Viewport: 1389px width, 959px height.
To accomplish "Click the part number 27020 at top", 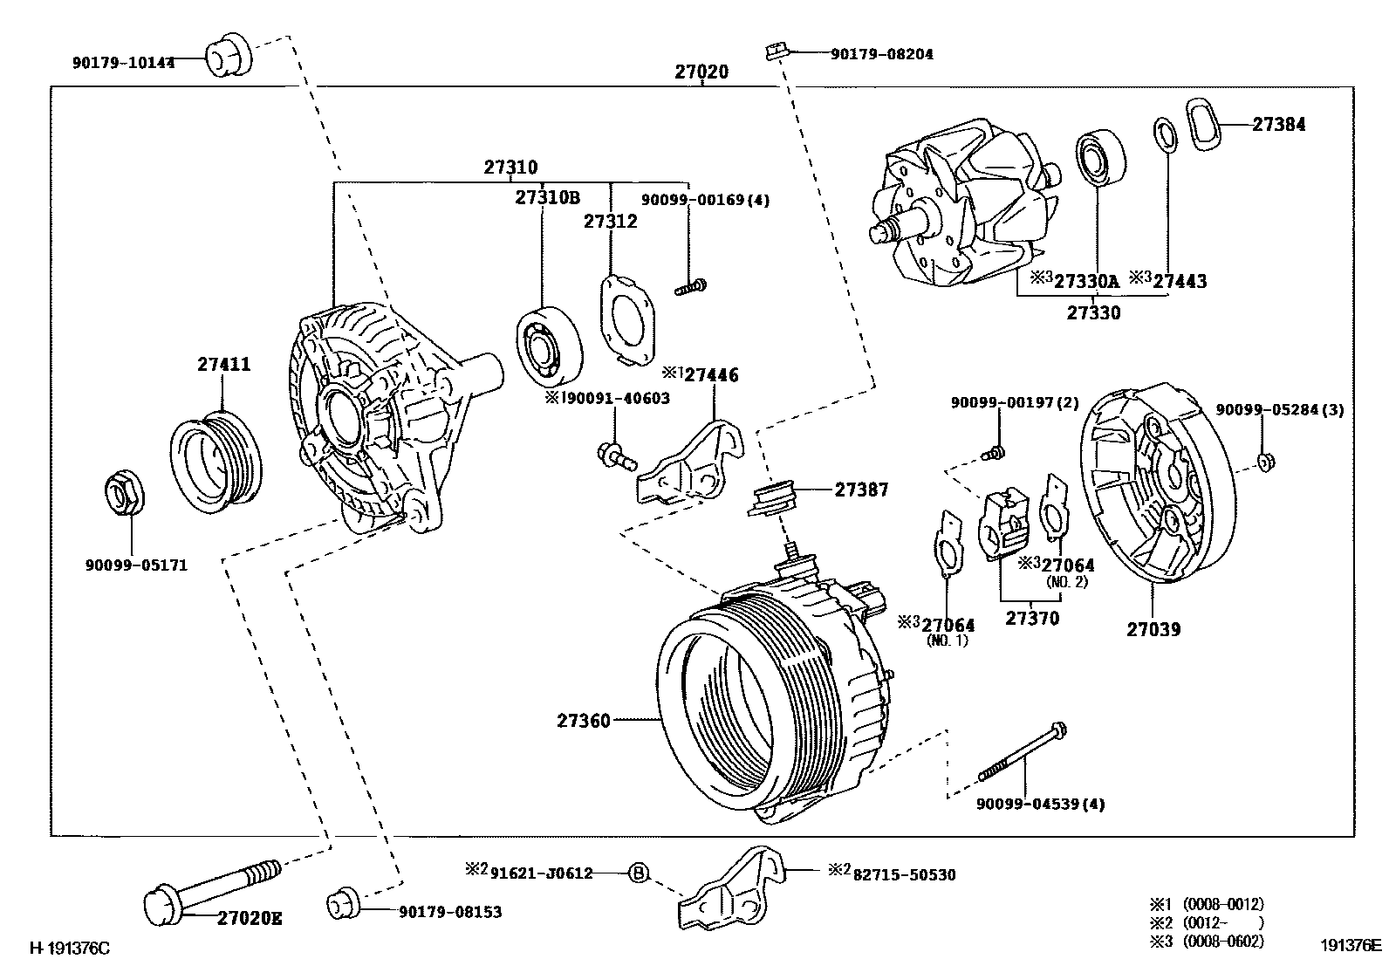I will (x=701, y=72).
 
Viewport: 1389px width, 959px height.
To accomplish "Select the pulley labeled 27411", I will (x=216, y=461).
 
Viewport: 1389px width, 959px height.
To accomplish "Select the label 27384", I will (x=1279, y=125).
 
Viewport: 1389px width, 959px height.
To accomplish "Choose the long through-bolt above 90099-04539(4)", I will (x=1021, y=753).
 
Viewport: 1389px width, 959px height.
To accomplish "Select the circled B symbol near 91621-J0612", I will (x=640, y=873).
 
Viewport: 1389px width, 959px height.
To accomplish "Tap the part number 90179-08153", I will (x=450, y=913).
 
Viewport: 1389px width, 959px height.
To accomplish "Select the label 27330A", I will (x=1085, y=281).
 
